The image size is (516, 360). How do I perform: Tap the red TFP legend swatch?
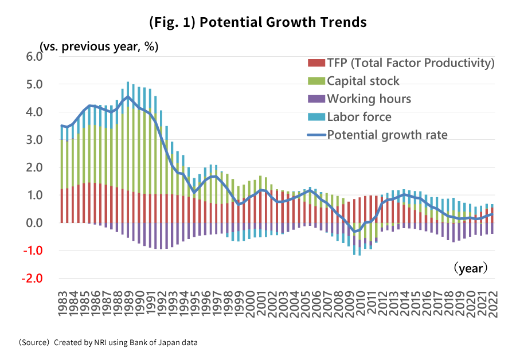[x=316, y=62]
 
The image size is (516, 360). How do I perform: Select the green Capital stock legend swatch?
[x=316, y=81]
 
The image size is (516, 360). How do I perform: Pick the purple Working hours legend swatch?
[x=316, y=99]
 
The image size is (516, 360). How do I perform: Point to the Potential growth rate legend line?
[x=316, y=135]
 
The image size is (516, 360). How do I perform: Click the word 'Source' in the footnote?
[x=36, y=343]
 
